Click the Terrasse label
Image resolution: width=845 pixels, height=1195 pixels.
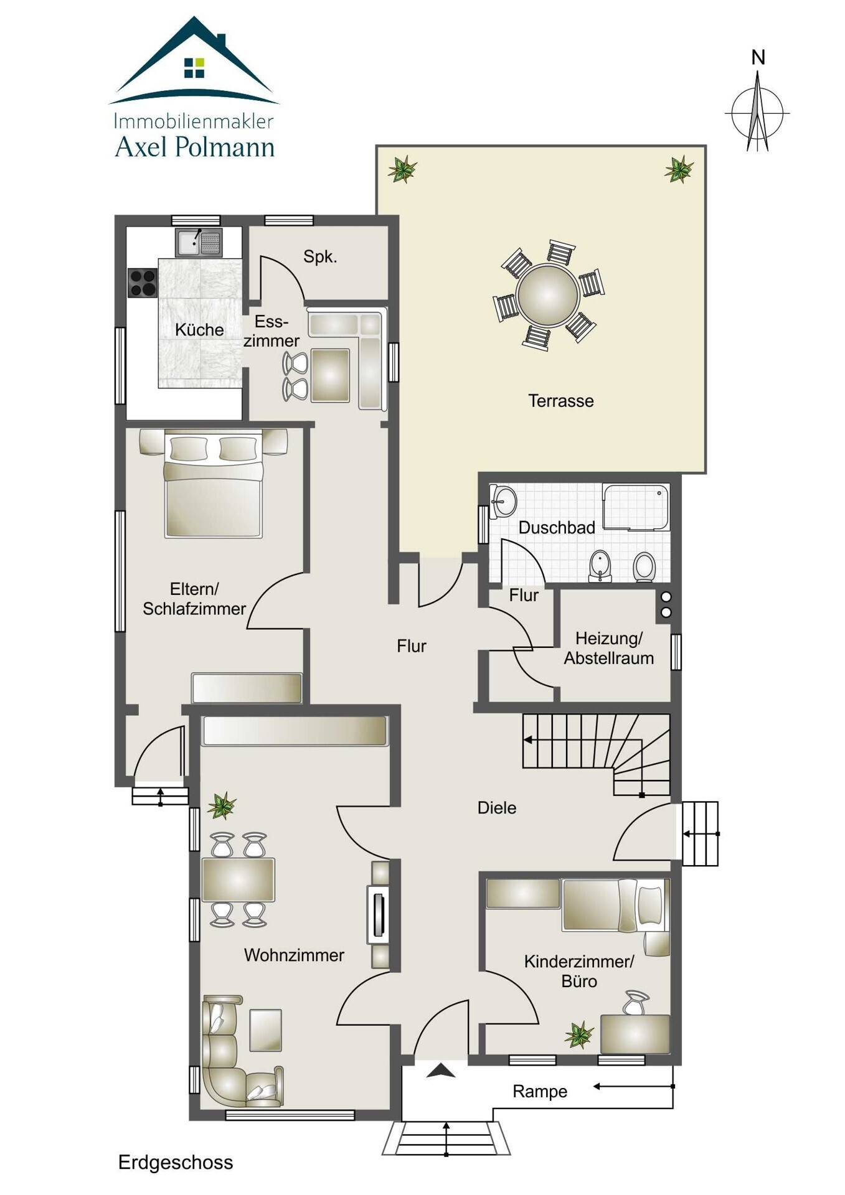[x=560, y=401]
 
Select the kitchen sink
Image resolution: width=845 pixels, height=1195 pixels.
[x=199, y=243]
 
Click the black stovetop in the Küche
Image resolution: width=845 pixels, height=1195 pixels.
[x=143, y=283]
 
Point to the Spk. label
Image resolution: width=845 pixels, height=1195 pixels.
[x=320, y=257]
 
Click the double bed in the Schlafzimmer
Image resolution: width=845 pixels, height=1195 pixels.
[x=213, y=483]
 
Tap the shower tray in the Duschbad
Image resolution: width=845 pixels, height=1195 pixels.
[x=636, y=507]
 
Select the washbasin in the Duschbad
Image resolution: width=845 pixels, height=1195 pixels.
[x=503, y=501]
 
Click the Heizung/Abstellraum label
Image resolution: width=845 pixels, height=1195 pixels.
[x=609, y=648]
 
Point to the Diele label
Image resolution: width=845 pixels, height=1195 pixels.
[x=497, y=808]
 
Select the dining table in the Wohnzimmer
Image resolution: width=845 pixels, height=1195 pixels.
[x=238, y=880]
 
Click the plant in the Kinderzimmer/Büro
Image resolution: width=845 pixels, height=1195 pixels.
[x=580, y=1034]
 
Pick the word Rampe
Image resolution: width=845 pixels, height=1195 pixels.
[x=540, y=1092]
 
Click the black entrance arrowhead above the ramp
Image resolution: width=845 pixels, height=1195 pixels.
[x=441, y=1071]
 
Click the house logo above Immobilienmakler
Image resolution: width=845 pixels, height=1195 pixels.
[x=194, y=60]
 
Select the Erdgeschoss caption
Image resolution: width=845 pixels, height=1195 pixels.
[x=176, y=1162]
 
